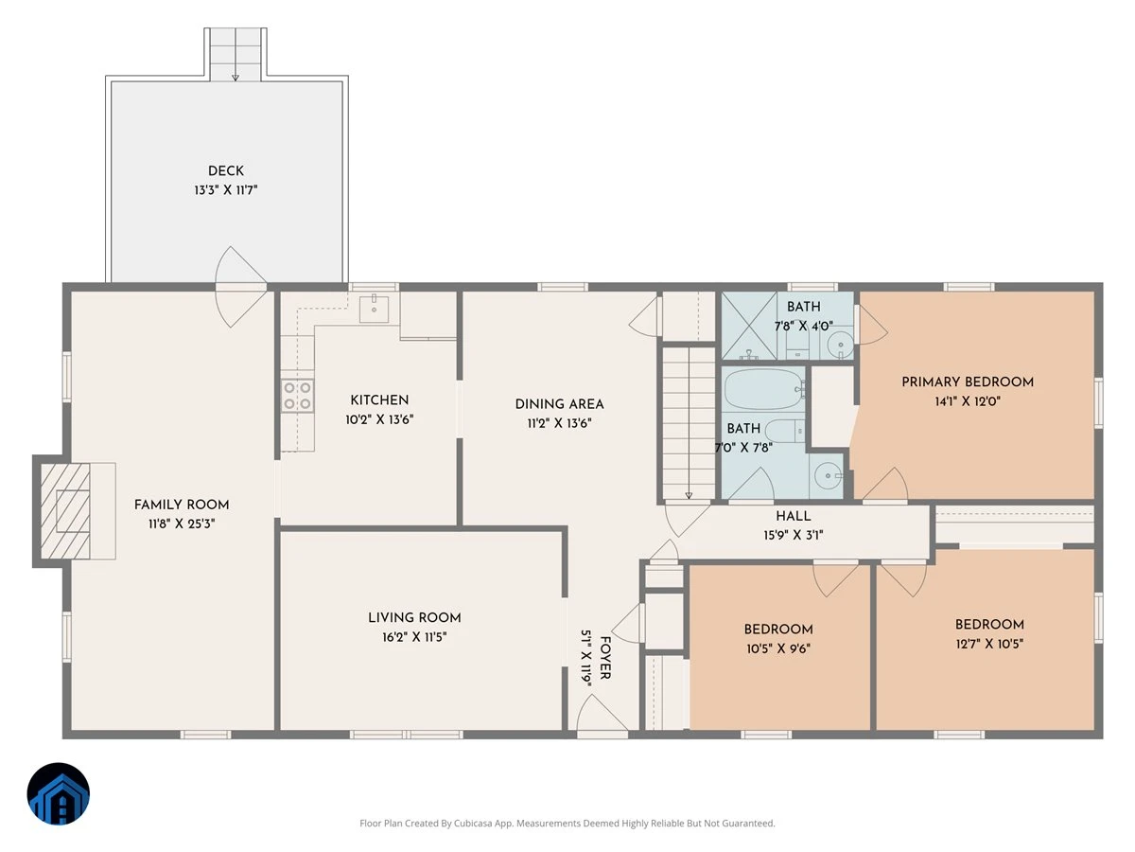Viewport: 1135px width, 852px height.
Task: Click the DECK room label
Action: tap(225, 170)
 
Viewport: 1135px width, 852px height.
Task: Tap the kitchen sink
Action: tap(374, 309)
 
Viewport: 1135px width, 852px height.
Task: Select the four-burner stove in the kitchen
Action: tap(297, 396)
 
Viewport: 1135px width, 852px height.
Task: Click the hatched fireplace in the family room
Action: tap(65, 511)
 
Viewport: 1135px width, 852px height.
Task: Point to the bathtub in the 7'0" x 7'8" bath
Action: tap(763, 389)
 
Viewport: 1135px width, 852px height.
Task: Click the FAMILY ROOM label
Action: tap(182, 505)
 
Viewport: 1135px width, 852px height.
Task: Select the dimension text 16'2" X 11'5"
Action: tap(414, 637)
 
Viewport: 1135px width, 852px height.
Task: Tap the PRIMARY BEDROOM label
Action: tap(968, 382)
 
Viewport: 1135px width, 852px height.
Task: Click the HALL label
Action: tap(794, 516)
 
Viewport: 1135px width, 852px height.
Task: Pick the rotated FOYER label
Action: tap(605, 658)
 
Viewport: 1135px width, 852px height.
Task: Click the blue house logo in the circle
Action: tap(59, 793)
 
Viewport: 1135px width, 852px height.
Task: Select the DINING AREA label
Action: tap(559, 404)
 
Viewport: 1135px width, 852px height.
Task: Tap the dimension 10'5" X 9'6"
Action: tap(778, 648)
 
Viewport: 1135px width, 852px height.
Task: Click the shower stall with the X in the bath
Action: tap(749, 326)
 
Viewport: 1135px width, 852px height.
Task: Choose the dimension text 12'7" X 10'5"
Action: tap(989, 644)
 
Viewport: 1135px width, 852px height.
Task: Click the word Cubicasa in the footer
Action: tap(473, 823)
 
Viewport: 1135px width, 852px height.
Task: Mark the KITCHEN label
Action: tap(379, 399)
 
